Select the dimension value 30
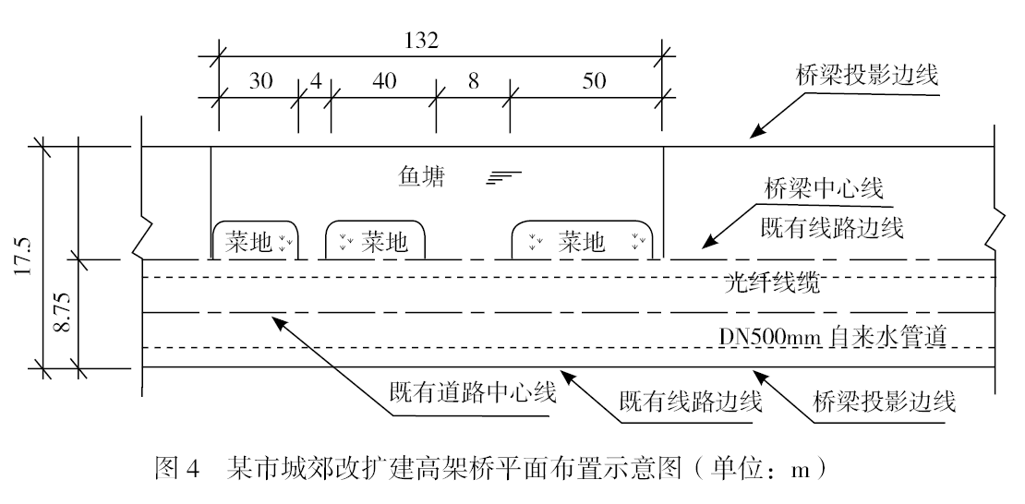point(261,80)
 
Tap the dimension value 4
point(316,80)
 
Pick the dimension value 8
point(474,80)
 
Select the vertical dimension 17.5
point(23,257)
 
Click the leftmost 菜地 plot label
point(250,243)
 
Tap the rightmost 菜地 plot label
point(582,243)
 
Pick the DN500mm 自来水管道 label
point(834,335)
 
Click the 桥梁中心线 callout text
point(824,190)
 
